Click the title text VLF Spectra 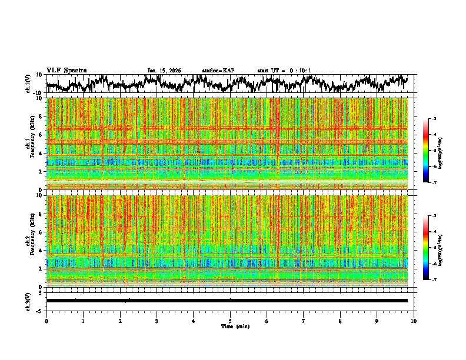pos(66,70)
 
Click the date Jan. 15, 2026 pos(164,71)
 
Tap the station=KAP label pos(218,71)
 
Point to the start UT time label pos(284,71)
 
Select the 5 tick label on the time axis pos(230,321)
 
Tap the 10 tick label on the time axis pos(414,321)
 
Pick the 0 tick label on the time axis pos(46,321)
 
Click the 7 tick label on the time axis pos(304,321)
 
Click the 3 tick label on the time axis pos(157,321)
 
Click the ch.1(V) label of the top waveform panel pos(28,84)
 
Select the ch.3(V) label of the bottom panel pos(28,301)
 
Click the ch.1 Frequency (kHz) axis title pos(31,143)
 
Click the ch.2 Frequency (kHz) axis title pos(31,240)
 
